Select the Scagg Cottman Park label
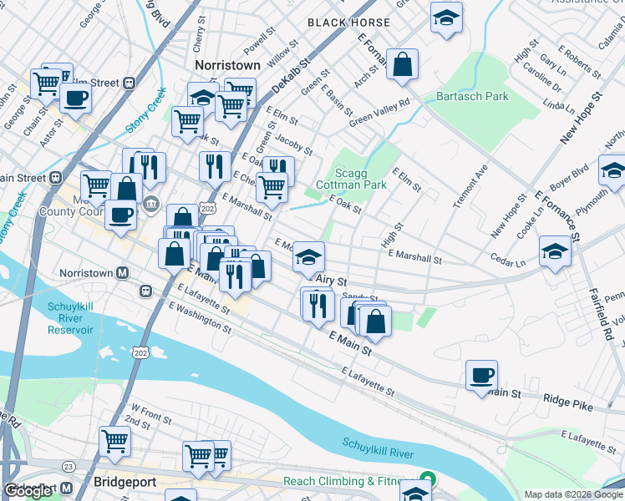click(351, 178)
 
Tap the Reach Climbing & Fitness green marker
click(428, 479)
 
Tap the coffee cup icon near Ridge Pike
click(481, 375)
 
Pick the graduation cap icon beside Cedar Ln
click(555, 251)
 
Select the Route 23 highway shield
click(69, 466)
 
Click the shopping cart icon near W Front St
click(114, 440)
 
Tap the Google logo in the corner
click(29, 491)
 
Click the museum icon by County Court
click(151, 202)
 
